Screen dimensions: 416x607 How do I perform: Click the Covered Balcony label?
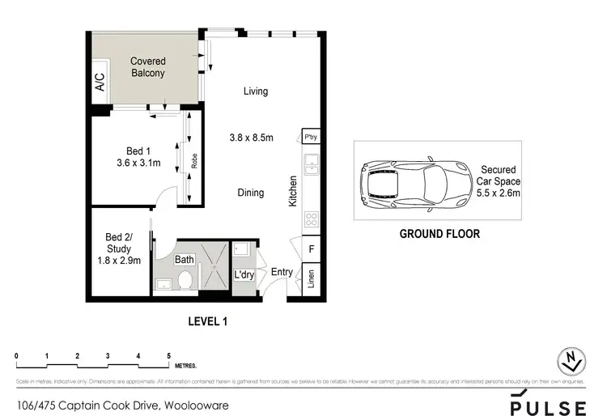pos(148,67)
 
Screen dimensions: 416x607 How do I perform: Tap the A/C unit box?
pos(100,83)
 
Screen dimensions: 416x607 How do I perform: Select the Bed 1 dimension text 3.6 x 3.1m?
pos(138,163)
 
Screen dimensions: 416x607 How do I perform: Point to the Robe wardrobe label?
pos(194,159)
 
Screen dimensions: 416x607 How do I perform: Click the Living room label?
pos(256,91)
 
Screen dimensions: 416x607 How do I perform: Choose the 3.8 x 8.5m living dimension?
pos(251,138)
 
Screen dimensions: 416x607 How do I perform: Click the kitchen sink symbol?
pos(312,167)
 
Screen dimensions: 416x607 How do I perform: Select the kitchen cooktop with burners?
pos(312,219)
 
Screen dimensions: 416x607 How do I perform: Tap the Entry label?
pos(282,272)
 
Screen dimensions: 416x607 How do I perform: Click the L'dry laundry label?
pos(244,276)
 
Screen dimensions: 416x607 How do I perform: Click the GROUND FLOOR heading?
pos(440,234)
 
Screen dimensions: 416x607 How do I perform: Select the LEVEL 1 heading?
pos(208,321)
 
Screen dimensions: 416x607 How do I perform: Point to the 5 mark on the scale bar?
pos(168,356)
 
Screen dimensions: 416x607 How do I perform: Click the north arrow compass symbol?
pos(571,362)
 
